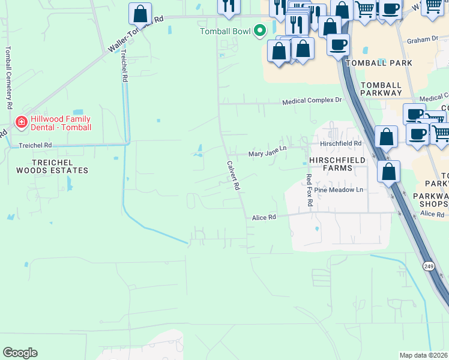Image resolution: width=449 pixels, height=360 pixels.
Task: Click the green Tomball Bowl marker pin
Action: tap(259, 30)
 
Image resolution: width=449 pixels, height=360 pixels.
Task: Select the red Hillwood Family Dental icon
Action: tap(21, 122)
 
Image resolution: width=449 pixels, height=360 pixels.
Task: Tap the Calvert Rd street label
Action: tap(234, 175)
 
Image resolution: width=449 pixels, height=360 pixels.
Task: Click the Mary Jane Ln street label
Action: tap(268, 154)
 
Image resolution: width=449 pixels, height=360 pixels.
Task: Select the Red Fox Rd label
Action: tap(309, 190)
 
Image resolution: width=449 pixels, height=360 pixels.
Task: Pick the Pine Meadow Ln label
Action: tap(343, 190)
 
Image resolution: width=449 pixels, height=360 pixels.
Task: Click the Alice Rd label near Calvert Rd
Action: tap(264, 217)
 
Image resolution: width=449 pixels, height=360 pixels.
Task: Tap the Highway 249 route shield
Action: tap(428, 266)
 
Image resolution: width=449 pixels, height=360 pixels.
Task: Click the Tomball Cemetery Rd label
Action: tap(8, 77)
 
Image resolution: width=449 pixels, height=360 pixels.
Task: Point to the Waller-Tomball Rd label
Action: tap(136, 34)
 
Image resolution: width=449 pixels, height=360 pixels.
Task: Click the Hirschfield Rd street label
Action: tap(340, 143)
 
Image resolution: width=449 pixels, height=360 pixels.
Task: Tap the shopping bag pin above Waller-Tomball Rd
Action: tap(140, 13)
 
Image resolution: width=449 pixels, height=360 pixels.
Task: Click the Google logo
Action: tap(20, 353)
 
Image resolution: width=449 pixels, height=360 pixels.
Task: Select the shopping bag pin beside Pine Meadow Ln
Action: tap(389, 172)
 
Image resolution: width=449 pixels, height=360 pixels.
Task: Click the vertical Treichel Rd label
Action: tap(124, 65)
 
